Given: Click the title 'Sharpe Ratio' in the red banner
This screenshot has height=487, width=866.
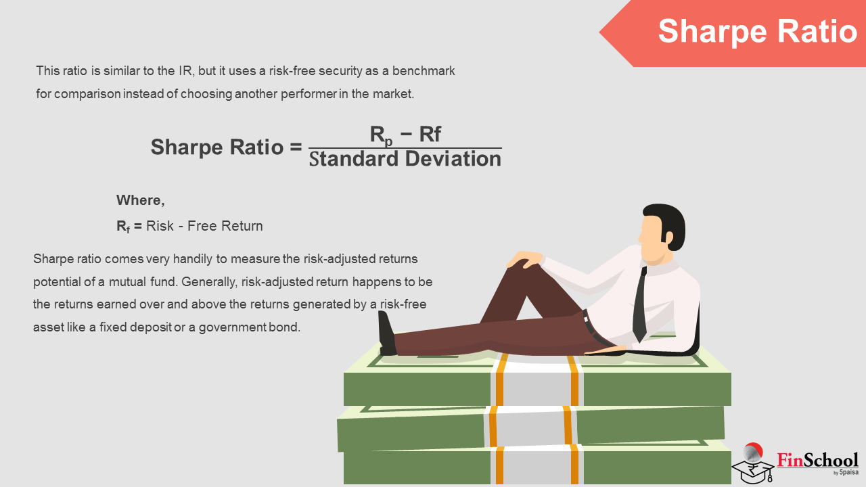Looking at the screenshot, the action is tap(758, 32).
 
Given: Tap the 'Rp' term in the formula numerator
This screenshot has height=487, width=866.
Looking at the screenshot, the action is tap(381, 136).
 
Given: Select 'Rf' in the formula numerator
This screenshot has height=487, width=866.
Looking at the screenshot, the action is tap(430, 135).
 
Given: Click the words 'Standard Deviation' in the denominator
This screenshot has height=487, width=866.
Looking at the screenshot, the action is tap(405, 159).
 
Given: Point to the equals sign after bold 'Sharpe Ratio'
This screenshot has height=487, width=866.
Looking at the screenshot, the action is tap(296, 147).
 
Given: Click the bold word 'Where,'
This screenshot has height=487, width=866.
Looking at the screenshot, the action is tap(140, 200).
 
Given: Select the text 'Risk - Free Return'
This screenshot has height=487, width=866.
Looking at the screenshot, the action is tap(204, 226).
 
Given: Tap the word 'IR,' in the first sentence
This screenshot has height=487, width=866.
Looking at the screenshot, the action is tap(186, 71).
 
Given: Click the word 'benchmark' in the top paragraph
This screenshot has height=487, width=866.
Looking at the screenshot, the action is tap(424, 71).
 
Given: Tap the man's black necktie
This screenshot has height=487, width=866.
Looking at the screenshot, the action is tap(640, 304).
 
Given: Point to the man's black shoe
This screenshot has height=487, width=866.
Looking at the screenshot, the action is tap(386, 333).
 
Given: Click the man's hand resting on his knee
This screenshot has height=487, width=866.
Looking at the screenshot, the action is tap(524, 258).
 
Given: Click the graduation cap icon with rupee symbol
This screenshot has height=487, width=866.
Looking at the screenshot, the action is tap(752, 464).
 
